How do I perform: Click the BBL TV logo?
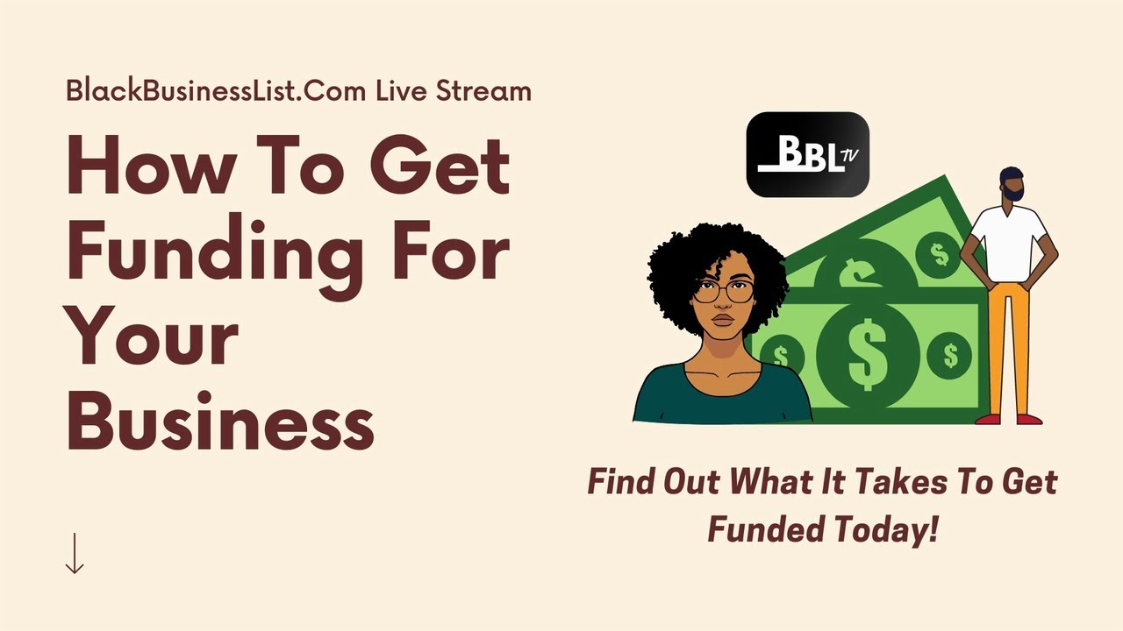point(807,154)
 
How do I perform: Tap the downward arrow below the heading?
point(75,554)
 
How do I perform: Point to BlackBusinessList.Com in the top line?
point(215,90)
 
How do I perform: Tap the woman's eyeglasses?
point(723,292)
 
